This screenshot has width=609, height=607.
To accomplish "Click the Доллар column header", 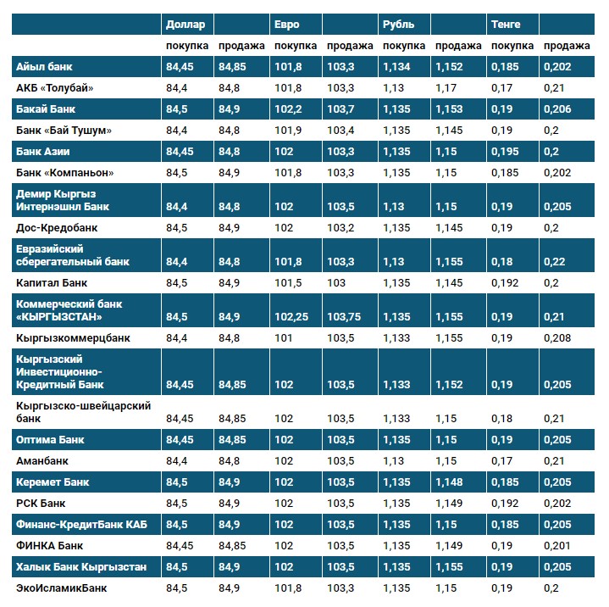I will pyautogui.click(x=185, y=25).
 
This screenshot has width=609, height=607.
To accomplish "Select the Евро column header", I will pyautogui.click(x=287, y=25).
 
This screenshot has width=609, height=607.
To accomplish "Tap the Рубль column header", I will pyautogui.click(x=398, y=25).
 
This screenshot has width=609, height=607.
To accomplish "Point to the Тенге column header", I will pyautogui.click(x=506, y=25).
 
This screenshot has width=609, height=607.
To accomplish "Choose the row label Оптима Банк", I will pyautogui.click(x=50, y=440).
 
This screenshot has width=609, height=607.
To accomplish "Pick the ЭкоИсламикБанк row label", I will pyautogui.click(x=62, y=587).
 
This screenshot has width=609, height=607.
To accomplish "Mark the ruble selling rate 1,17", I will pyautogui.click(x=446, y=87).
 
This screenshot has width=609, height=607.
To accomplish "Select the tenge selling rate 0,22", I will pyautogui.click(x=555, y=262).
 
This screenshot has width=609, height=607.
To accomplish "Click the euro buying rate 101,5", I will pyautogui.click(x=288, y=282).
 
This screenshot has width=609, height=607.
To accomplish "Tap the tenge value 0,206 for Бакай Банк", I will pyautogui.click(x=557, y=109).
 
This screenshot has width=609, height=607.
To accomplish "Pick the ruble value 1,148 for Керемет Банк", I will pyautogui.click(x=449, y=482).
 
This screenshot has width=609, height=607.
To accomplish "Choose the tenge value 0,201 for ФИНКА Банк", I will pyautogui.click(x=557, y=544).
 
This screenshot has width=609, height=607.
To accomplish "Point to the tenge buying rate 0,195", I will pyautogui.click(x=505, y=152).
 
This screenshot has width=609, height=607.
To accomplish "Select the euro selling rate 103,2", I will pyautogui.click(x=340, y=228).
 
